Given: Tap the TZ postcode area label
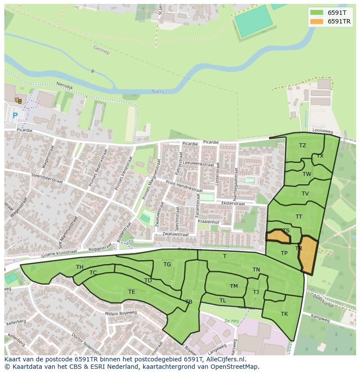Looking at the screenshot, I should pos(303,146).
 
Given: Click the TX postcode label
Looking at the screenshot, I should pos(320,156).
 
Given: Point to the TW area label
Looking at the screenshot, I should pos(307,174).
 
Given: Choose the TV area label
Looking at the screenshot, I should pos(305,194).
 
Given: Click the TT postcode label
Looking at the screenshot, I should pos(299,217).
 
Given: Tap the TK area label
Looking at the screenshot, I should pos(284,314).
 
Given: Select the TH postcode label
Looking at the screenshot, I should pos(80,267).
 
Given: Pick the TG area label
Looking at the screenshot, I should pos(167,265).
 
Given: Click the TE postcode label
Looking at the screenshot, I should pos(131,292).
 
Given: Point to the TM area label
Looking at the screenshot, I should pos(234,286).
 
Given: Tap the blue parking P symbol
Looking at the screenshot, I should pos(15,116).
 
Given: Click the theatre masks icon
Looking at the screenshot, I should pos(18,100).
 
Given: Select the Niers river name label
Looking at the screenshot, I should pos(157,92).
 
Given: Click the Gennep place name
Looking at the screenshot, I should pos(101,50).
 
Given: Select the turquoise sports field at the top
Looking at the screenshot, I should pos(253,21).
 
